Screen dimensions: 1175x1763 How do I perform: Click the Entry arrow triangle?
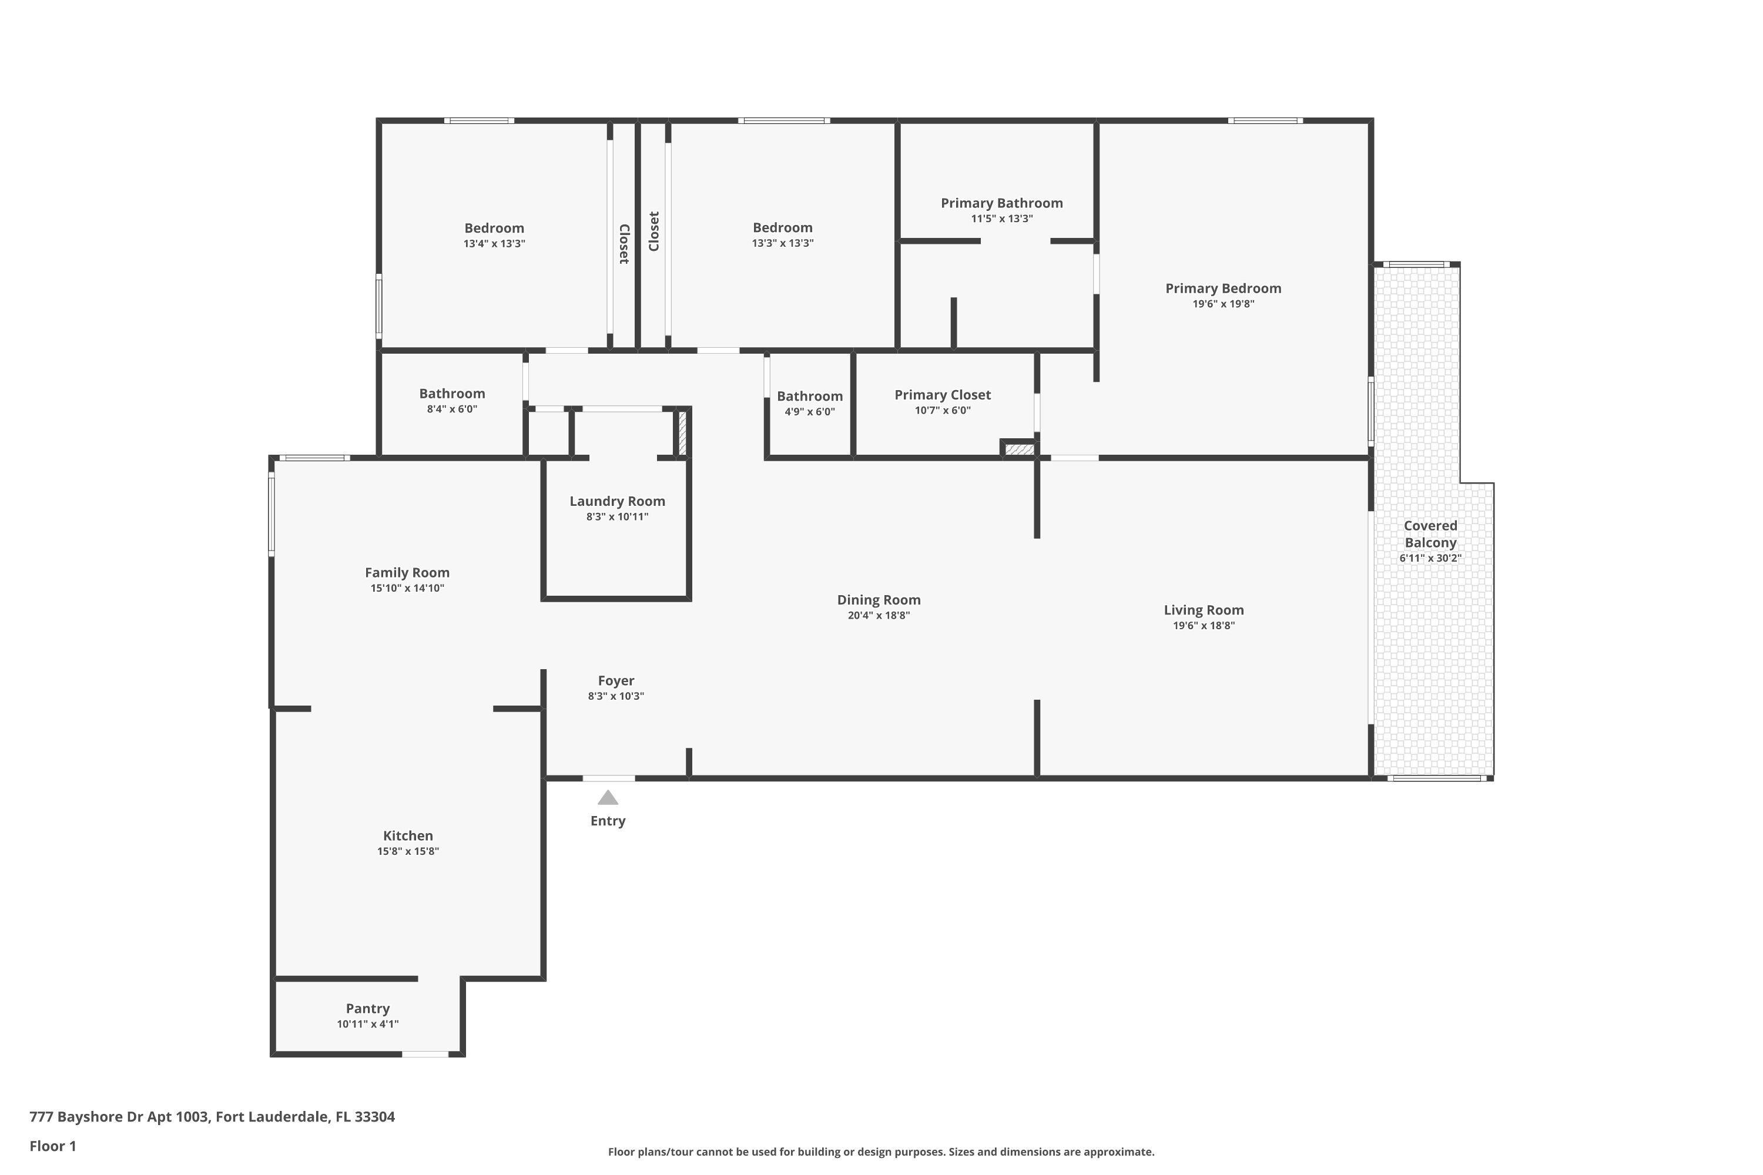pyautogui.click(x=607, y=797)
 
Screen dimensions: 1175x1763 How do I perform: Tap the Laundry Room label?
pyautogui.click(x=617, y=501)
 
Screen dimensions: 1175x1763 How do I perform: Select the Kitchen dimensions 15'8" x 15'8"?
pyautogui.click(x=408, y=851)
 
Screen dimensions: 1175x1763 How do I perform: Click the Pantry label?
pyautogui.click(x=367, y=1009)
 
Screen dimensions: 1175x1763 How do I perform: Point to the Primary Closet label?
pyautogui.click(x=942, y=395)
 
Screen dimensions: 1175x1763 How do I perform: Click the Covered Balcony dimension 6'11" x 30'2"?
pyautogui.click(x=1430, y=558)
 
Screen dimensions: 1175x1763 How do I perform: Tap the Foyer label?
pyautogui.click(x=615, y=680)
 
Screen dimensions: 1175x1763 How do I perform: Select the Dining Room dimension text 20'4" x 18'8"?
pyautogui.click(x=879, y=615)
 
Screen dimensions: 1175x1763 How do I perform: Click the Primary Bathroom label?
pyautogui.click(x=1001, y=203)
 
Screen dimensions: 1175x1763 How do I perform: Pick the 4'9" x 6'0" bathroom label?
pyautogui.click(x=810, y=397)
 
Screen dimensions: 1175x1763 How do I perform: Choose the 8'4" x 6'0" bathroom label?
pyautogui.click(x=452, y=394)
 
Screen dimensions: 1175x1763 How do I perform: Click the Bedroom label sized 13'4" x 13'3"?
pyautogui.click(x=494, y=229)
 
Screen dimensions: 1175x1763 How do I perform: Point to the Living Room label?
pyautogui.click(x=1203, y=610)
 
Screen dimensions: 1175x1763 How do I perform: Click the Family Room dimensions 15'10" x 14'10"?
pyautogui.click(x=407, y=588)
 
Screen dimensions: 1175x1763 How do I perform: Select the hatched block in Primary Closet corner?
pyautogui.click(x=1018, y=449)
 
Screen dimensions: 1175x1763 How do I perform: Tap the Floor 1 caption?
pyautogui.click(x=52, y=1146)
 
